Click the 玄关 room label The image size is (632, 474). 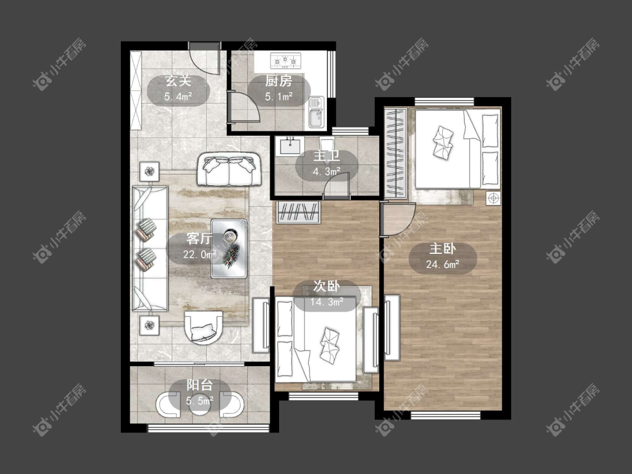[x=178, y=81]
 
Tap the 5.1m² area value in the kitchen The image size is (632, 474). [x=279, y=97]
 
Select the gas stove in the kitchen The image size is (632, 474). [x=285, y=61]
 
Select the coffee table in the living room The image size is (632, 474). [x=229, y=248]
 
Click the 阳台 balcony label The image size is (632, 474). [x=199, y=385]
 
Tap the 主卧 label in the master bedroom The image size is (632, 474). [x=443, y=249]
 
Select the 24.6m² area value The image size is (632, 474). [x=443, y=265]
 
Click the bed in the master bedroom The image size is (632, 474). [x=458, y=149]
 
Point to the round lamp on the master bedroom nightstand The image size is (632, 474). [x=493, y=198]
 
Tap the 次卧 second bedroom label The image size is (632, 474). [x=326, y=286]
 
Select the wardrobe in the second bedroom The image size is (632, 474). [x=298, y=212]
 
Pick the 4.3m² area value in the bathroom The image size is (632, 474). [x=326, y=172]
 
